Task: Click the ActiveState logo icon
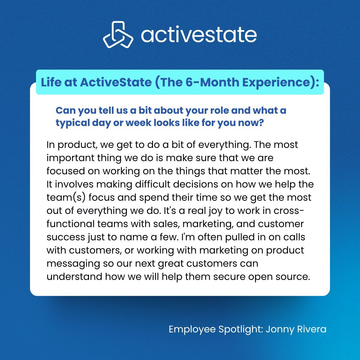tap(118, 35)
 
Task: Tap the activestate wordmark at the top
tap(199, 35)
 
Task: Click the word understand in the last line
tap(74, 277)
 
